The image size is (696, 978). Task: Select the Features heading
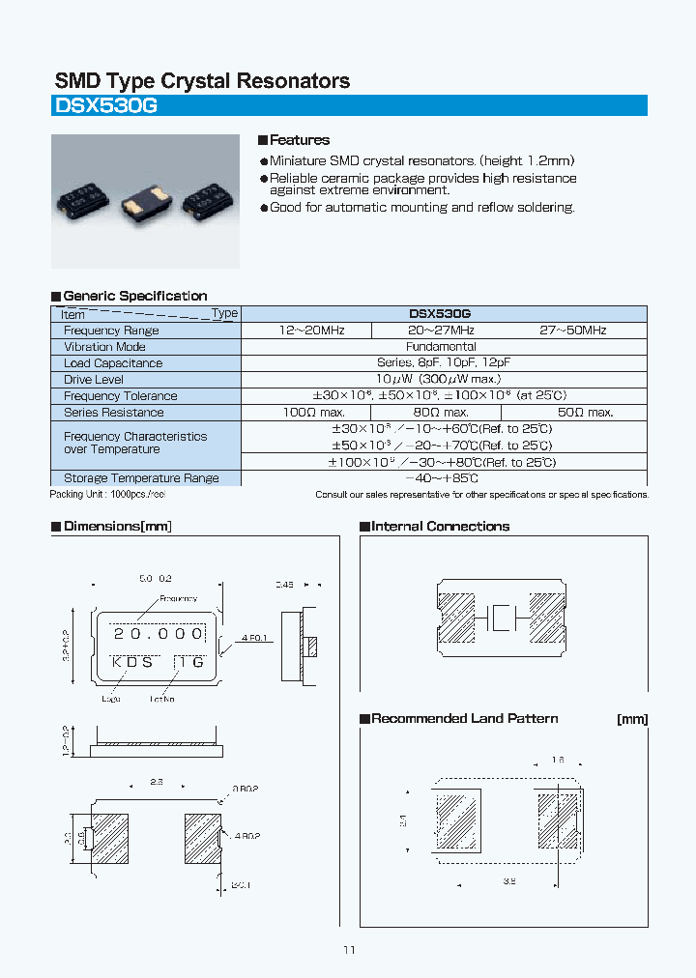299,140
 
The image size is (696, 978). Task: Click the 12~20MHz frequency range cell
305,330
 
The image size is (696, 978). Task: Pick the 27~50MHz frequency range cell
572,330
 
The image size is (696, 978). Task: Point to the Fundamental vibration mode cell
443,346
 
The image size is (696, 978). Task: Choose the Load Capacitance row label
113,363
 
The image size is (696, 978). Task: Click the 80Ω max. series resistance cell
442,412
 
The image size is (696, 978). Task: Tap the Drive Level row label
93,380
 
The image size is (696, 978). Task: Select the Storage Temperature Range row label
141,477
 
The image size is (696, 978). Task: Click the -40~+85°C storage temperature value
442,477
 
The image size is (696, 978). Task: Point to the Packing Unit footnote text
107,494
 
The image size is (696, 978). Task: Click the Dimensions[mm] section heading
117,527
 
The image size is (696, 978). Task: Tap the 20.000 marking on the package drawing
159,634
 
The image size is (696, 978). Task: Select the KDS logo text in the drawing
132,662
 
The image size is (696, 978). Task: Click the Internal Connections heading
440,527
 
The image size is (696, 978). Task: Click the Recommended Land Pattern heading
464,719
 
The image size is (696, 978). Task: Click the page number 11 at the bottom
349,950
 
